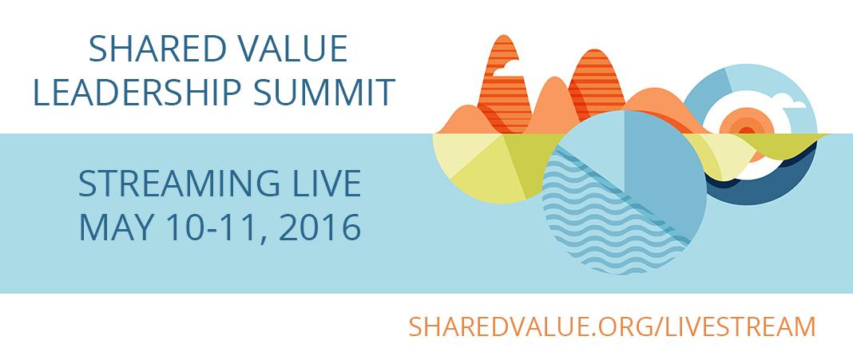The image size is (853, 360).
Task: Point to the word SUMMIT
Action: point(324,92)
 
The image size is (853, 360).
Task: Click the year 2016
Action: point(319,227)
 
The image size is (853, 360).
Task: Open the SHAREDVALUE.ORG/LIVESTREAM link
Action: point(612,326)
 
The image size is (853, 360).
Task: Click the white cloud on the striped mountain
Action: point(506,68)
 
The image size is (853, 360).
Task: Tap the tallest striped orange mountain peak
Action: point(503,81)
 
